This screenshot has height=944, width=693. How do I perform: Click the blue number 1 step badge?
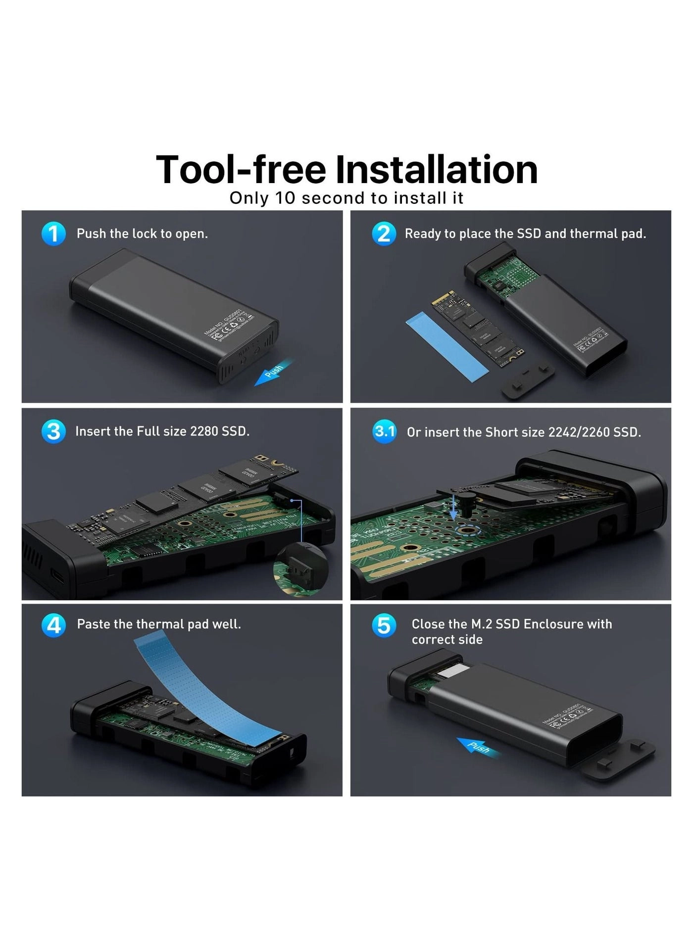click(53, 234)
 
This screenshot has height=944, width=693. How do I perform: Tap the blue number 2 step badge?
click(384, 234)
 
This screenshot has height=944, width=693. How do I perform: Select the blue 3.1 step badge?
click(384, 431)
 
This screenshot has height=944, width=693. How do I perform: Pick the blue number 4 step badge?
click(53, 625)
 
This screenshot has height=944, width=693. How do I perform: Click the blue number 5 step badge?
click(384, 625)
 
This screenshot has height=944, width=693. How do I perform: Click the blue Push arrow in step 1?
click(274, 372)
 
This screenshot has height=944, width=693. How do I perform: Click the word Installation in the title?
click(437, 170)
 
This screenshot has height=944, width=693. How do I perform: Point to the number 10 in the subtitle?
click(285, 198)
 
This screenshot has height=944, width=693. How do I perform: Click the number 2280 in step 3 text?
click(204, 431)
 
